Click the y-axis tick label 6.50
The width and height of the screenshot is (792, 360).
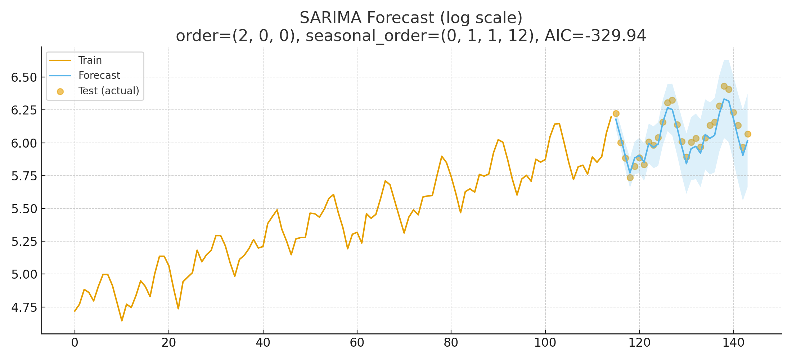pyautogui.click(x=24, y=78)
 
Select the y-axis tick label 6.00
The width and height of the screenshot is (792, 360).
pyautogui.click(x=24, y=143)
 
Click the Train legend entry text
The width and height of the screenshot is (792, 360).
pyautogui.click(x=90, y=60)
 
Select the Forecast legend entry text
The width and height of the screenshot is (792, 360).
pyautogui.click(x=99, y=76)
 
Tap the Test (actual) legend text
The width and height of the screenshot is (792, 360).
pyautogui.click(x=109, y=91)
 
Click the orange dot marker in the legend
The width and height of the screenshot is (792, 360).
pyautogui.click(x=60, y=91)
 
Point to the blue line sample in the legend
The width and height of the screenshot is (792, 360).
pyautogui.click(x=60, y=76)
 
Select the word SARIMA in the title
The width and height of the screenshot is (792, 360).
pyautogui.click(x=328, y=18)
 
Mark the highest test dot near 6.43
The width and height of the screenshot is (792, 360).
pyautogui.click(x=724, y=86)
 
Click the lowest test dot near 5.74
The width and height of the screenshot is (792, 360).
pyautogui.click(x=630, y=177)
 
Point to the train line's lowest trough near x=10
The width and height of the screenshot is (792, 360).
pyautogui.click(x=122, y=320)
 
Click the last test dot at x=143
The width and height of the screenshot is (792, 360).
pyautogui.click(x=748, y=134)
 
